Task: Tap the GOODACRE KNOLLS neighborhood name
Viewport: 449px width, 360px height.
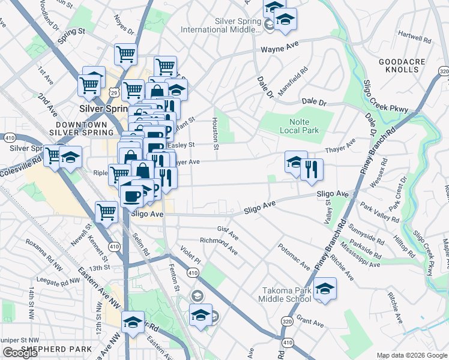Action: [399, 65]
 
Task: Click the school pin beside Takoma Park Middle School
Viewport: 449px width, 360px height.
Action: [325, 289]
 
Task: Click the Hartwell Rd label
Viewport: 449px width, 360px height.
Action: [414, 40]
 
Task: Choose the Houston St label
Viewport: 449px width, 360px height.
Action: [214, 130]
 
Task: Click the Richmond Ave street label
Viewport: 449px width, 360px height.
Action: [218, 245]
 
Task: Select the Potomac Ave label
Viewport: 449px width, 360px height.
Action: [294, 256]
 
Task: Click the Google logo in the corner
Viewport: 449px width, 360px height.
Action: [20, 353]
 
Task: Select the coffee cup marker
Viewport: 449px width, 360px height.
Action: [131, 196]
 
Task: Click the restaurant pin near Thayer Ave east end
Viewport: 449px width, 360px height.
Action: [312, 170]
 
